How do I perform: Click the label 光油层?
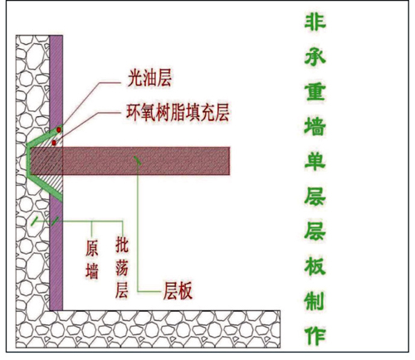tap(149, 78)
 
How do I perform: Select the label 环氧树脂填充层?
tap(178, 112)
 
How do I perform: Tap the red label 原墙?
tap(92, 259)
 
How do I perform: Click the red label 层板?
tap(178, 291)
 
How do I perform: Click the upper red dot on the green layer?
tap(59, 129)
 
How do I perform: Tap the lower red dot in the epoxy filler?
tap(54, 143)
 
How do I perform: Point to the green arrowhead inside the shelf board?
tap(138, 161)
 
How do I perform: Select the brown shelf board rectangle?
tap(129, 161)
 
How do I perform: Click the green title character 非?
tap(315, 22)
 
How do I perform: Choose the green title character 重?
tap(315, 91)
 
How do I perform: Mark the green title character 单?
tap(315, 161)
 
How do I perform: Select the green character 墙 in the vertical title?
tap(315, 126)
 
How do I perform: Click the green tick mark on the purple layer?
tap(55, 221)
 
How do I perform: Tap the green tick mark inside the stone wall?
tap(35, 221)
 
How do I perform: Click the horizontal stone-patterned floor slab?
tap(148, 329)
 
